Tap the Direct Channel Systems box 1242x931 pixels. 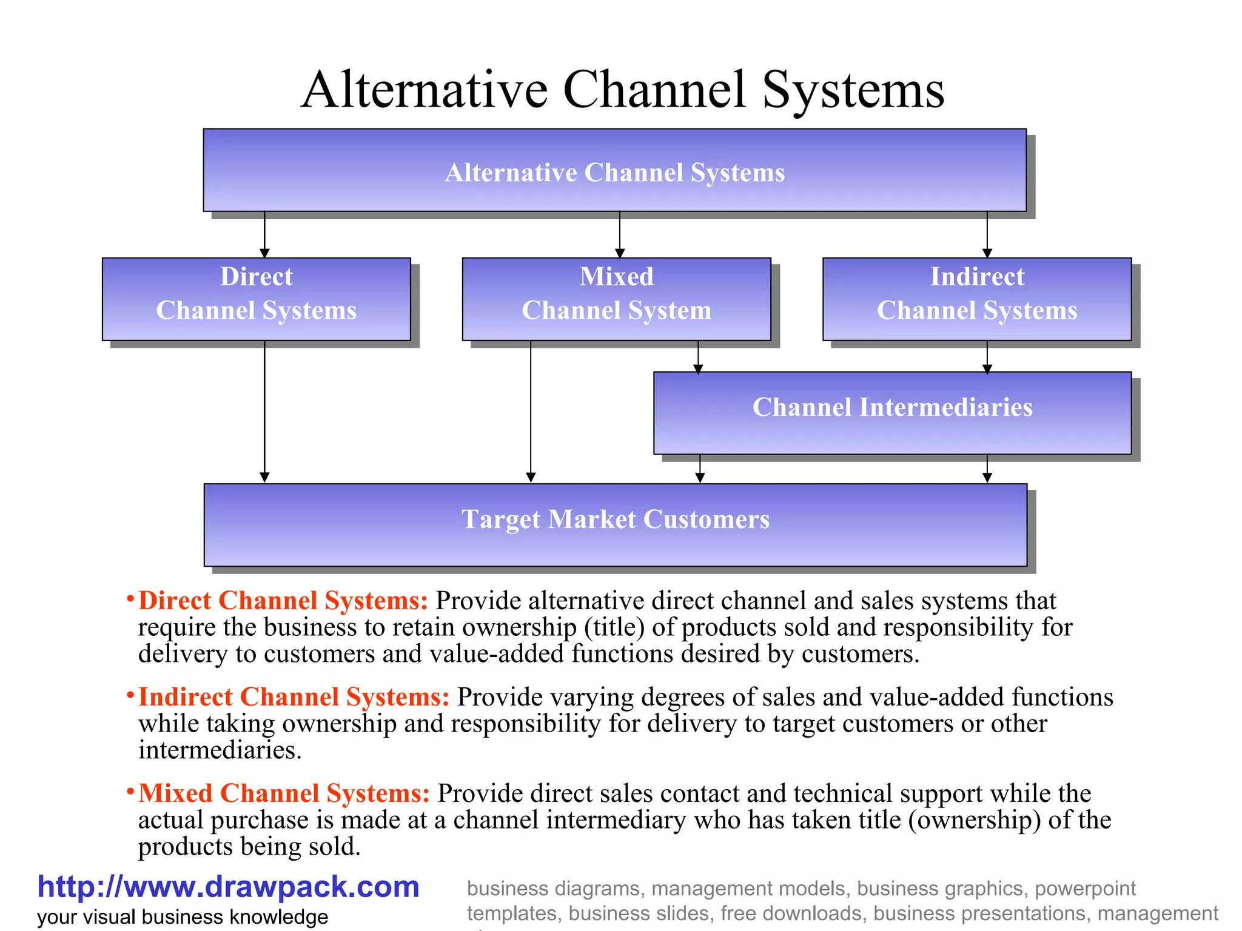click(256, 298)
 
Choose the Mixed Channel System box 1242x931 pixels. click(616, 298)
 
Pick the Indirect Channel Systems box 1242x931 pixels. click(976, 298)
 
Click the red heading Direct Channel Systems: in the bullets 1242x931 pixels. click(283, 601)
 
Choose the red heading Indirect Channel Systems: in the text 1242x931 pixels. click(294, 697)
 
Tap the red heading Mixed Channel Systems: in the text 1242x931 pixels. click(284, 793)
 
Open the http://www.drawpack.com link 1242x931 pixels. click(228, 887)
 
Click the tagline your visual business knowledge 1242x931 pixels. click(183, 916)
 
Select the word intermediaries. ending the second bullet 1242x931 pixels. click(220, 750)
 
